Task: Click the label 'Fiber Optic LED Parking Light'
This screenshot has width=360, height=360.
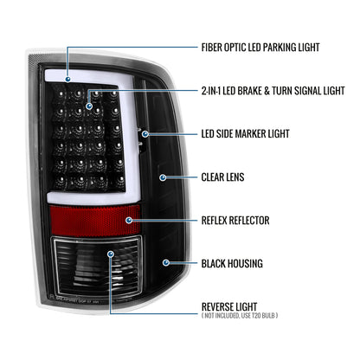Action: [260, 48]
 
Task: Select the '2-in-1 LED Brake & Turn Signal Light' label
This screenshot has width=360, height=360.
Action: [273, 91]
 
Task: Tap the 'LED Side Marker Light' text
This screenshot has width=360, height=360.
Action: [245, 134]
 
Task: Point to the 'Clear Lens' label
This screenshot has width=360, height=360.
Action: [222, 177]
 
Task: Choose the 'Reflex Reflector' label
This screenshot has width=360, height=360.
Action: [235, 221]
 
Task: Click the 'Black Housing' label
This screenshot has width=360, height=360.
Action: [232, 264]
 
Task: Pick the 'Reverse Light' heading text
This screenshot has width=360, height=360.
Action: [229, 306]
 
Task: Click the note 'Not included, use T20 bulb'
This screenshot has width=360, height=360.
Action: [240, 316]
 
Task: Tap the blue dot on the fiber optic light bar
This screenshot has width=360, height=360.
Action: [68, 79]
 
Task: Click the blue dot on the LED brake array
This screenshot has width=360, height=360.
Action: [89, 106]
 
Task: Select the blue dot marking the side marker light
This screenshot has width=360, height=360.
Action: [145, 134]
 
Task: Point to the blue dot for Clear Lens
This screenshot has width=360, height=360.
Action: [163, 177]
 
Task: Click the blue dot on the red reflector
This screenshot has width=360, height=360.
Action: [129, 221]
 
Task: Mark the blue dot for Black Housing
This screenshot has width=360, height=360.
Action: [166, 262]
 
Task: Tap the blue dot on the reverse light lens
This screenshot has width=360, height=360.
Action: [111, 254]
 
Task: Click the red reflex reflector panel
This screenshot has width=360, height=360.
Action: [95, 221]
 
